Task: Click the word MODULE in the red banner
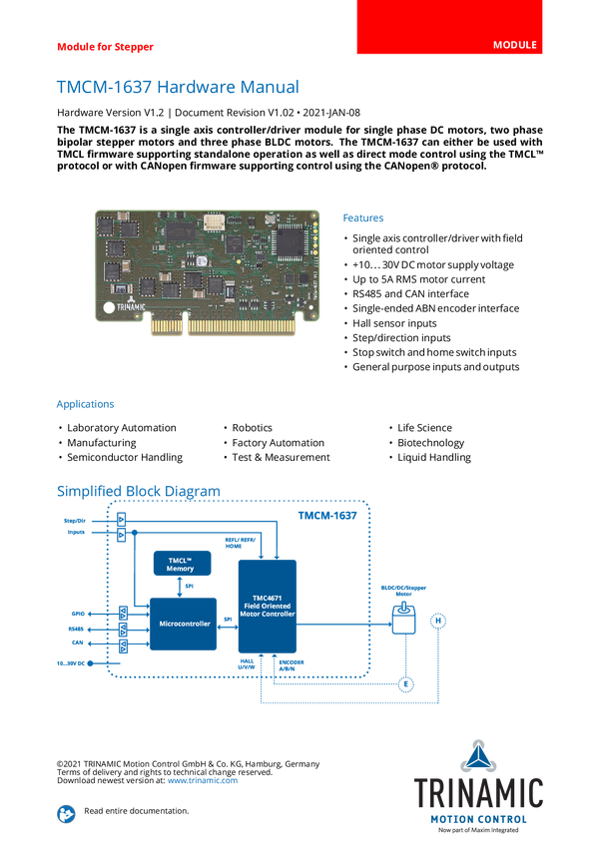pyautogui.click(x=515, y=46)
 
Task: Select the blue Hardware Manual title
pyautogui.click(x=177, y=87)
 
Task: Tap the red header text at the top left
pyautogui.click(x=105, y=46)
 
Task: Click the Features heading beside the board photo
pyautogui.click(x=363, y=217)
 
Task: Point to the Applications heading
pyautogui.click(x=85, y=405)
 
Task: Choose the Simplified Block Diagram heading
pyautogui.click(x=138, y=490)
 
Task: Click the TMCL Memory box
pyautogui.click(x=180, y=564)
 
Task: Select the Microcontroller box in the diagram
pyautogui.click(x=184, y=625)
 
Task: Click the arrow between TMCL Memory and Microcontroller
pyautogui.click(x=180, y=587)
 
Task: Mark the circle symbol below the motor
pyautogui.click(x=404, y=684)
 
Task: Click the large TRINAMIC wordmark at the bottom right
pyautogui.click(x=479, y=793)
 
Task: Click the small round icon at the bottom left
pyautogui.click(x=66, y=813)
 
